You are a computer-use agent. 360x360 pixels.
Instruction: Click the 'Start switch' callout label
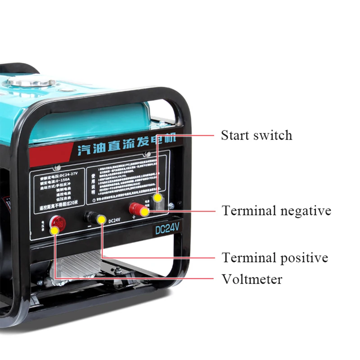point(256,135)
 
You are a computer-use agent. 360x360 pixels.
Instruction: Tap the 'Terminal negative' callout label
point(276,210)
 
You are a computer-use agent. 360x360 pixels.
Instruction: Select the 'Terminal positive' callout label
point(274,258)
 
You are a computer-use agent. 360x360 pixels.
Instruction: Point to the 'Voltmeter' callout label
point(252,279)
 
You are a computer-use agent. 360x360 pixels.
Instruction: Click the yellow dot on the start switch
point(158,198)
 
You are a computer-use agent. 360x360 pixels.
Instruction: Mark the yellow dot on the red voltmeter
point(54,230)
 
